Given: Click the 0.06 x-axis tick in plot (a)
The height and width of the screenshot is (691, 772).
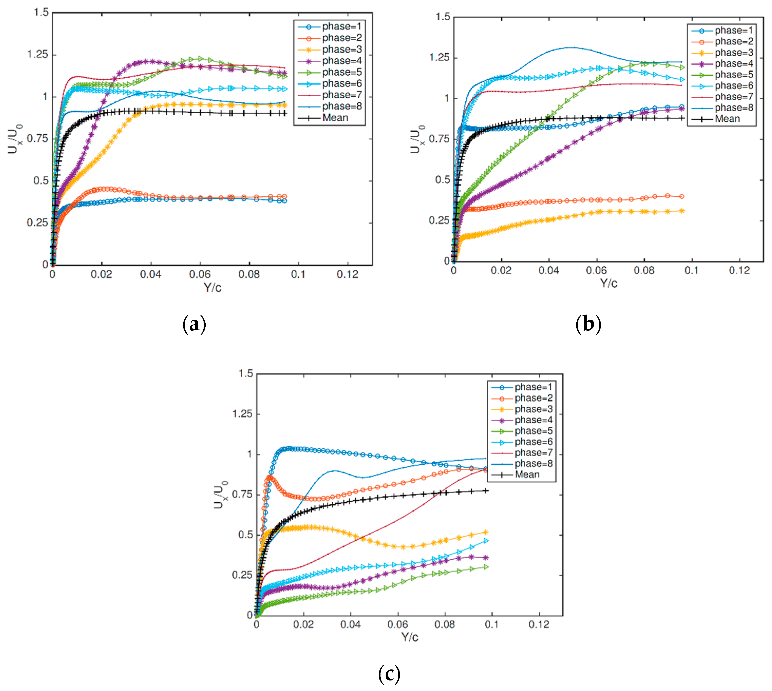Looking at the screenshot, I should click(200, 274).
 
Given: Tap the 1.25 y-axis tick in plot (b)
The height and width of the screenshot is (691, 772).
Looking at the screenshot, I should click(439, 58).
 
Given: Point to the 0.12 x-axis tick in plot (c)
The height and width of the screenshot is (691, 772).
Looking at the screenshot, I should click(539, 624).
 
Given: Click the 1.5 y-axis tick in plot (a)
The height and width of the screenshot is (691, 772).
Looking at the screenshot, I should click(41, 13).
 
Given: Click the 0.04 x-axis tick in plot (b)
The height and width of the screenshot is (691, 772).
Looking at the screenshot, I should click(549, 270).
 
